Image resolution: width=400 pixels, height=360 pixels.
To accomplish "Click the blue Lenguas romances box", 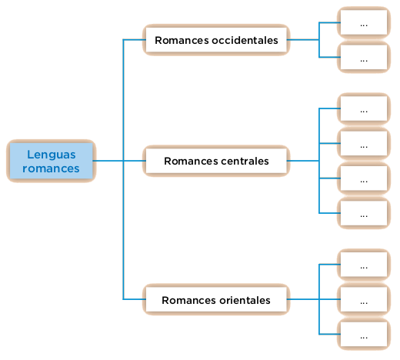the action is (52, 161).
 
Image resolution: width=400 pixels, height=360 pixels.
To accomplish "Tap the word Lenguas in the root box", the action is (52, 155).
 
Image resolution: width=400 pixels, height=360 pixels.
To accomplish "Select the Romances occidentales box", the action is (216, 40).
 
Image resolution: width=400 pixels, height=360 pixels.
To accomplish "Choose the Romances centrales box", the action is (216, 161).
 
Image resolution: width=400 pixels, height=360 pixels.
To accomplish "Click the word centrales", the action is (245, 161).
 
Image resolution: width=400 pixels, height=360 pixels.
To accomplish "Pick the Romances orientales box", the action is (216, 299).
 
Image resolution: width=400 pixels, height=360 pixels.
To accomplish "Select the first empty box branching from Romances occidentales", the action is (364, 22).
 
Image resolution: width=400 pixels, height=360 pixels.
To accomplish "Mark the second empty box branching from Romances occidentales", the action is (364, 58).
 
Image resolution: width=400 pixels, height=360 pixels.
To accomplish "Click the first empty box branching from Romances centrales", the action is (364, 108).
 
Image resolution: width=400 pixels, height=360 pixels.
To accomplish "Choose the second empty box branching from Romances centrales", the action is (364, 143).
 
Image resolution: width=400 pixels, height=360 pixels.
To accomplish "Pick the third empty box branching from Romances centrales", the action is (364, 178).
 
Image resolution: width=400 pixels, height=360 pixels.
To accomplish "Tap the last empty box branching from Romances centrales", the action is (364, 213).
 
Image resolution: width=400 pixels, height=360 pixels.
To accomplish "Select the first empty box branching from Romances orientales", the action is (364, 265).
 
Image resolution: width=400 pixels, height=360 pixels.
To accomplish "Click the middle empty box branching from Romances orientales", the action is (364, 299).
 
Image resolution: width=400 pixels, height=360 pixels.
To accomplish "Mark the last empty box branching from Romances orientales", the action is (364, 335).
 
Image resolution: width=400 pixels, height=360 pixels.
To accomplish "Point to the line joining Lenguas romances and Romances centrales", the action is (119, 161).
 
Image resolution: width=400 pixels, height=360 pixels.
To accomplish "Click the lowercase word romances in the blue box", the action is (51, 168).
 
